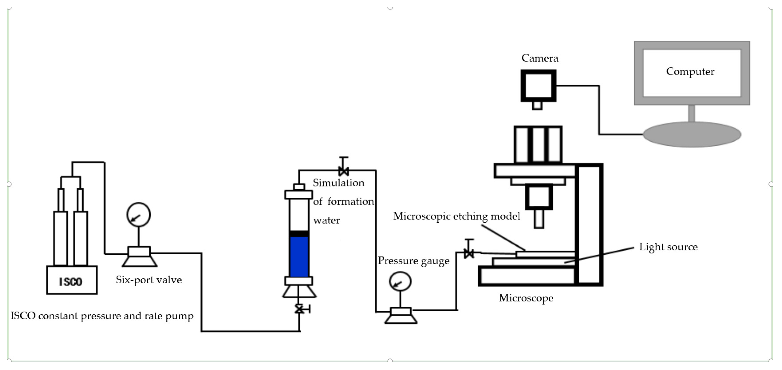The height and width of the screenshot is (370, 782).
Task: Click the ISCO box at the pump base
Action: tap(72, 280)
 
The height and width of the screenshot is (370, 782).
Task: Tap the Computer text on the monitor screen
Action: tap(690, 72)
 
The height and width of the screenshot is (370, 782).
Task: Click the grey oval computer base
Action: tap(692, 135)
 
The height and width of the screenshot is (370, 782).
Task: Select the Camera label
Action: tap(540, 58)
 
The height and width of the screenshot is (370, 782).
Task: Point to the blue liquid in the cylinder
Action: tap(299, 257)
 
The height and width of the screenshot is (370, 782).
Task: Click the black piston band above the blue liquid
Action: tap(299, 233)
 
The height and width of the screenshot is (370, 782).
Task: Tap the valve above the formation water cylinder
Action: tap(343, 171)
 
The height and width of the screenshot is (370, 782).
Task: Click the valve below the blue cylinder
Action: tap(300, 309)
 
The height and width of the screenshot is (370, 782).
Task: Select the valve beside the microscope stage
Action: tap(469, 253)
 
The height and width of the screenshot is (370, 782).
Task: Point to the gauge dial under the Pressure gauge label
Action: tap(400, 281)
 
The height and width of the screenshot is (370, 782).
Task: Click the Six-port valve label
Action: tap(149, 280)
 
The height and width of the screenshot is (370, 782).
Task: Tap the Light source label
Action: tap(668, 247)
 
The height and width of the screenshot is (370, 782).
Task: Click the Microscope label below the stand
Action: tap(526, 298)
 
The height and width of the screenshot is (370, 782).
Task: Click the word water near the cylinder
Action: tap(326, 220)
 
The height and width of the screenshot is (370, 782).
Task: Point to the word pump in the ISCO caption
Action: tap(179, 316)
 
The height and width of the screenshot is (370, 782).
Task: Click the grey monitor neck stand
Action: tap(691, 113)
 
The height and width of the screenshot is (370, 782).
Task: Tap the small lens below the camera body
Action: tap(537, 105)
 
